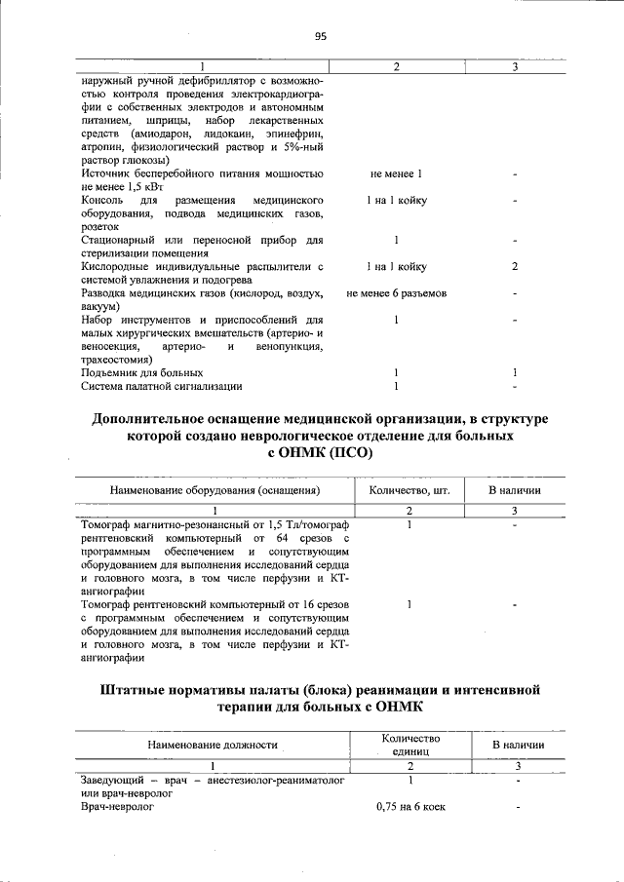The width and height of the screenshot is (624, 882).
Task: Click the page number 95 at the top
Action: (320, 36)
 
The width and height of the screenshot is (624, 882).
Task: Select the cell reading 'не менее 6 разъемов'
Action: (396, 293)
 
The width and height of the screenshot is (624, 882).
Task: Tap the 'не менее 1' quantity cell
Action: (396, 173)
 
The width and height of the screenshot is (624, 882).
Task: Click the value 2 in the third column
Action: (514, 266)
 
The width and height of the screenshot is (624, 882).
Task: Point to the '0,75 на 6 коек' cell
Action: (409, 807)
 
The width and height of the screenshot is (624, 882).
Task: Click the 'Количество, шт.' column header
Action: (409, 490)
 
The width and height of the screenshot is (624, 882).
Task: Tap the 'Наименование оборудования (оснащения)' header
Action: (214, 490)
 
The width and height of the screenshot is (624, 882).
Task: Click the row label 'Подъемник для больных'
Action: (142, 372)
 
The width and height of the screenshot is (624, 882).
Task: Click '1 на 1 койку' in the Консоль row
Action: (396, 200)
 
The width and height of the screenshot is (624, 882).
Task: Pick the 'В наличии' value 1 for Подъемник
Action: (514, 372)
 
